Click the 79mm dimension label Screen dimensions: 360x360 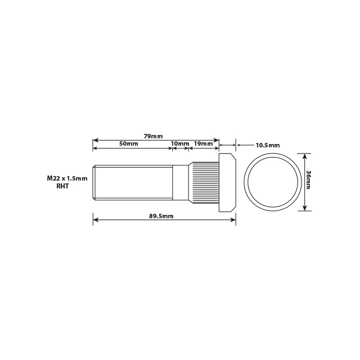(x=153, y=136)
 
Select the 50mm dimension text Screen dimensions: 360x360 (x=128, y=144)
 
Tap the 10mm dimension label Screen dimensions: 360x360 (x=179, y=144)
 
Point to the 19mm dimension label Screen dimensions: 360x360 (x=203, y=144)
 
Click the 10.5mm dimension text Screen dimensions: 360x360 (x=267, y=145)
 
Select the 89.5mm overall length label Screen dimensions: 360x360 (x=161, y=216)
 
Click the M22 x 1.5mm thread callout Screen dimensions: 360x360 (x=67, y=178)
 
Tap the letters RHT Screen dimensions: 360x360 (x=62, y=186)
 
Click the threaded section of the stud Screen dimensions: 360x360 (x=132, y=181)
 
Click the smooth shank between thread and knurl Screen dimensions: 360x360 (x=179, y=181)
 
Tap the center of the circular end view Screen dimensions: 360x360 (x=272, y=181)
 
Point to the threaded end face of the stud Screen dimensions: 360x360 (x=94, y=181)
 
